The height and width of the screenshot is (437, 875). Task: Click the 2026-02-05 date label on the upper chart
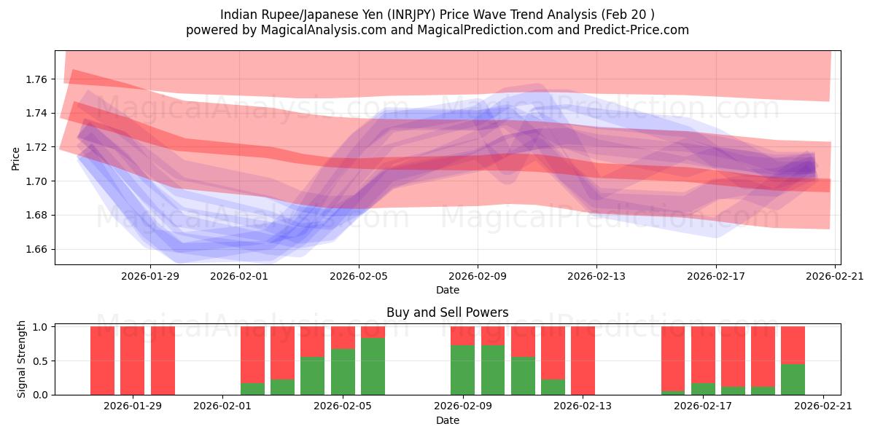pos(358,276)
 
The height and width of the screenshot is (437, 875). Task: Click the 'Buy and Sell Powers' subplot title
pos(447,312)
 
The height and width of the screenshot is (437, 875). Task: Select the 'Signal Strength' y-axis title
pos(22,359)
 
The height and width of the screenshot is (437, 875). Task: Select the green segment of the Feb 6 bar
pos(373,366)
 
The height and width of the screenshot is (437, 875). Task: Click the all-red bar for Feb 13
pos(583,361)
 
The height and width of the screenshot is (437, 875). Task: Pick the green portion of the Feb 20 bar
pos(793,379)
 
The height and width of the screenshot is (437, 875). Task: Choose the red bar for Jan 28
pos(102,361)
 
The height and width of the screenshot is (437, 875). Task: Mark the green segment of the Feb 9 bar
pos(462,370)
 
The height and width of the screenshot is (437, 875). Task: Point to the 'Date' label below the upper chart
pos(447,290)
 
